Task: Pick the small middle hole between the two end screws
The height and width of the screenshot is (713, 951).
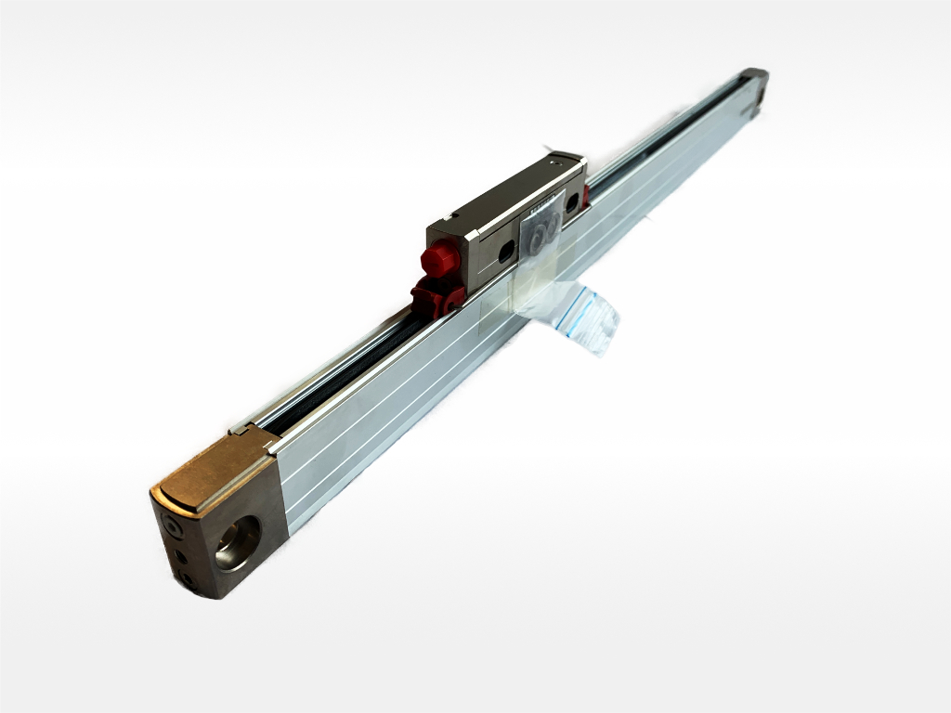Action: pos(180,555)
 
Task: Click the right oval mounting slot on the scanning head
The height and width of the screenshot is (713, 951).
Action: pos(572,201)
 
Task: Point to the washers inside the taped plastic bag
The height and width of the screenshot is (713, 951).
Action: pos(543,231)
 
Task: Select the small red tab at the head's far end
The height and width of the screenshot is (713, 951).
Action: pos(585,196)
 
